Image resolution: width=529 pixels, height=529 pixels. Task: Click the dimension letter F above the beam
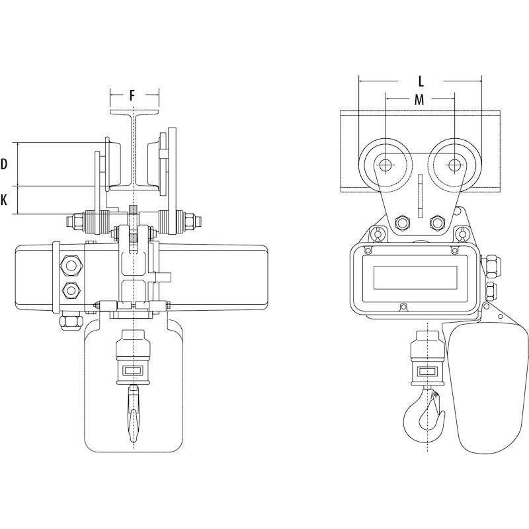point(132,96)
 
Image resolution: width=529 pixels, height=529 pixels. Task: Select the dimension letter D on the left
point(4,164)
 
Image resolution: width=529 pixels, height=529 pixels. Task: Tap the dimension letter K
point(4,200)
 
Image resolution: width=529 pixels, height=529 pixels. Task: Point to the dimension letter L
point(421,81)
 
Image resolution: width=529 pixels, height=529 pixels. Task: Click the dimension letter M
point(419,100)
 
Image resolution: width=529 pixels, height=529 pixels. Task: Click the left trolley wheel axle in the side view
point(385,165)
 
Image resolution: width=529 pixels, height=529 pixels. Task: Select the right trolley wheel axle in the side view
point(454,165)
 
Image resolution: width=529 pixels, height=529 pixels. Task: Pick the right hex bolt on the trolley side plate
point(437,222)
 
